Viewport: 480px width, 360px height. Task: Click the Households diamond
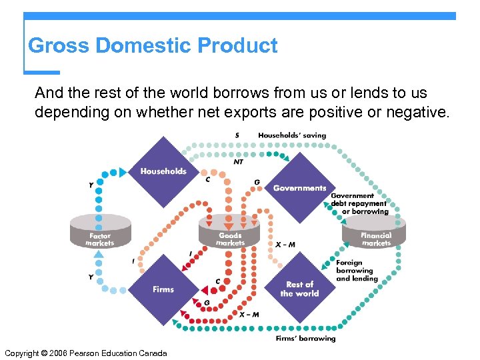(x=163, y=171)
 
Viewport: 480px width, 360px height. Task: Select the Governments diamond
(x=299, y=187)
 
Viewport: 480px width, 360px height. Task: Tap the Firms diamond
(x=163, y=289)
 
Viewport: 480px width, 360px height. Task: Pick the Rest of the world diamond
(x=299, y=289)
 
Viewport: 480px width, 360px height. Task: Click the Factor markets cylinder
(x=101, y=235)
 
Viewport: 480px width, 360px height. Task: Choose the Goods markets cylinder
(x=230, y=235)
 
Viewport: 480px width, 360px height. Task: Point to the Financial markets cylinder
(x=376, y=235)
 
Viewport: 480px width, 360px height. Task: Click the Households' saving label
(x=292, y=135)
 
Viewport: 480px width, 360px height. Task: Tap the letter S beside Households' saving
(x=237, y=135)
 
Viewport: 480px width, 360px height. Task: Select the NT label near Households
(x=238, y=161)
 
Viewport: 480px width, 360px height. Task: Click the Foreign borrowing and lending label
(x=357, y=271)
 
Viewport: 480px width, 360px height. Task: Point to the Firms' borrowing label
(x=306, y=339)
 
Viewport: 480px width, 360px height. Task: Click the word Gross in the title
(x=59, y=46)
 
